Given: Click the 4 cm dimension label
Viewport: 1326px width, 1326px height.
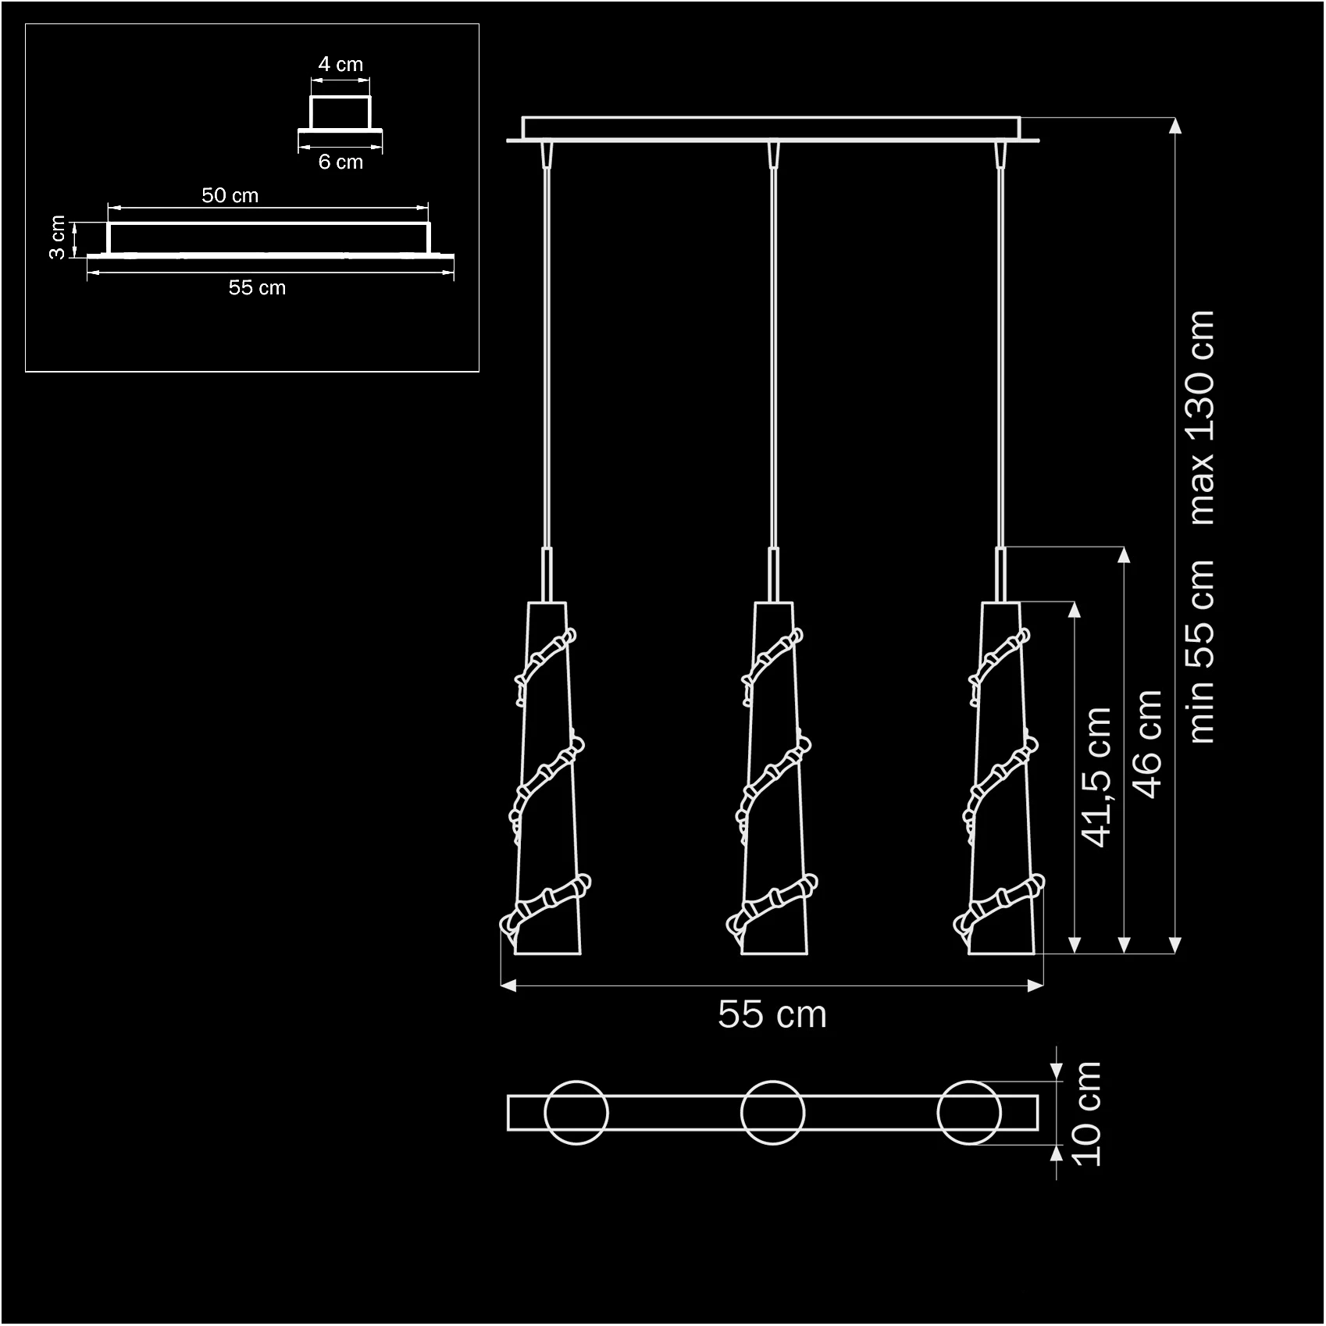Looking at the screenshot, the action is [340, 64].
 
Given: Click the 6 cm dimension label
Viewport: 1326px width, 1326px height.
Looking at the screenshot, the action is [340, 162].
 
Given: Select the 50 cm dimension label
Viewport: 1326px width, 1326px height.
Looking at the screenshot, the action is [230, 195].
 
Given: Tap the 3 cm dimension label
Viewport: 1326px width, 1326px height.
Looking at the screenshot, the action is [57, 238].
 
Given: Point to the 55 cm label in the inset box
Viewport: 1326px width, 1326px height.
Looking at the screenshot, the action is [257, 287].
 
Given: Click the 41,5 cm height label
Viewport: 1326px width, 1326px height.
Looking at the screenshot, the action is [1096, 777].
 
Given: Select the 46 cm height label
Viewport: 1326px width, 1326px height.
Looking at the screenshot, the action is [1147, 743].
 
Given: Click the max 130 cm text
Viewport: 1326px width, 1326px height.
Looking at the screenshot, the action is [1200, 418].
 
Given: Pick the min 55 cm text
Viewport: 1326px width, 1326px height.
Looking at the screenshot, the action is [1200, 652].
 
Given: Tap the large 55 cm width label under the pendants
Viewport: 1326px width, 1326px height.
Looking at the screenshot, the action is [772, 1014].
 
